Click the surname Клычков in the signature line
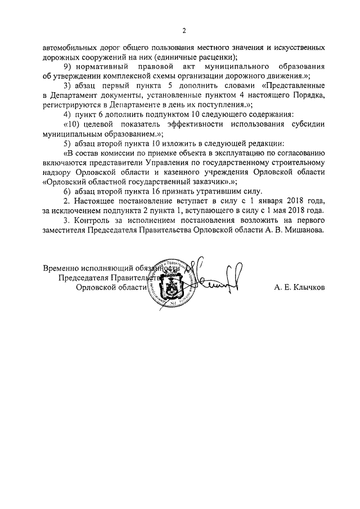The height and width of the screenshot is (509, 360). click(306, 288)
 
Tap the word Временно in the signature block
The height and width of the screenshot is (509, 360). click(61, 268)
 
